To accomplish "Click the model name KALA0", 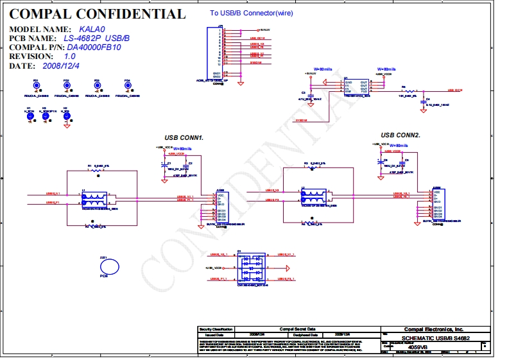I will point(92,30).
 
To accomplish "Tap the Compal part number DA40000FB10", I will point(94,47).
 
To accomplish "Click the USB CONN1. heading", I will point(184,138).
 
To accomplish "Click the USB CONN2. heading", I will point(400,135).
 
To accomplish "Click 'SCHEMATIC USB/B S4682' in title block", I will point(435,338).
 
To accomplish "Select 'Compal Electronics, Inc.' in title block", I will point(433,329).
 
